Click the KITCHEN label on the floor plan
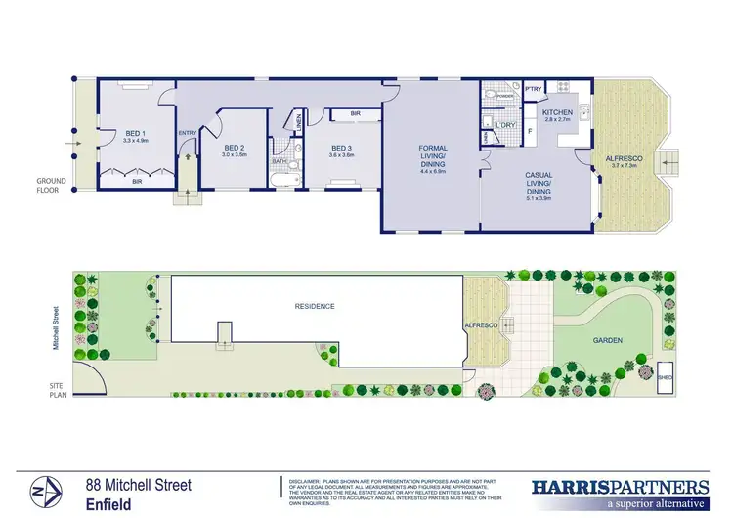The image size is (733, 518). pos(556,113)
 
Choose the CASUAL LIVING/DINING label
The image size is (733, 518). pos(539,184)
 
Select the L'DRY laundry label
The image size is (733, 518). pos(505,126)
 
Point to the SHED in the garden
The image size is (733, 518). pos(666,375)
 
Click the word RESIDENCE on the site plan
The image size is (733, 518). pos(315,306)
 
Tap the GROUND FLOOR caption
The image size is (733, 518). pos(50,187)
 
